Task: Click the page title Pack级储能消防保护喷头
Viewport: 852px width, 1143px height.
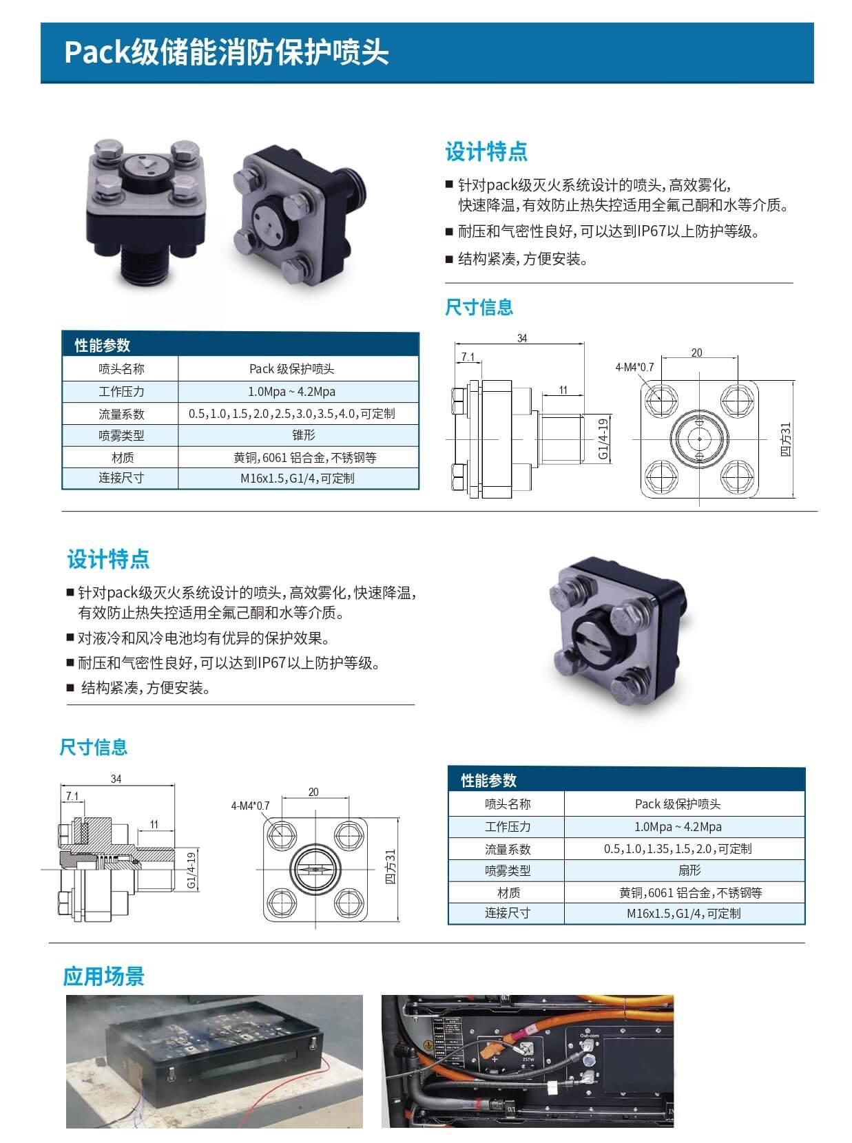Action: pos(227,52)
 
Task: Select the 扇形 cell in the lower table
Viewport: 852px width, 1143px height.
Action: pos(689,870)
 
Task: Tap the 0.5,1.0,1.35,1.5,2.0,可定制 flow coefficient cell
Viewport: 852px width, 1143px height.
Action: pos(678,848)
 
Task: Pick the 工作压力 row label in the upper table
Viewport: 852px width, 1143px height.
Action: pos(121,392)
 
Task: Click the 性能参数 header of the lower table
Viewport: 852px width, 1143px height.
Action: pos(488,780)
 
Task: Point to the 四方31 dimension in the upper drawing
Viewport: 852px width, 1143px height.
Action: pos(786,439)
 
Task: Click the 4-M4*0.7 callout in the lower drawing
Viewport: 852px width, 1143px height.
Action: pos(250,806)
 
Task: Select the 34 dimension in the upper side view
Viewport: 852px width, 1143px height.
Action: pos(521,338)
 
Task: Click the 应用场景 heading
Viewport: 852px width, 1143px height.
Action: pos(103,976)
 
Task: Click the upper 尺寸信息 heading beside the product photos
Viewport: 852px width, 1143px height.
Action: pos(479,307)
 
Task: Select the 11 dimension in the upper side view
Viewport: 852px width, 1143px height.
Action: pos(563,390)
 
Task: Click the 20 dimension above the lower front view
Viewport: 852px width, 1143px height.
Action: pos(313,792)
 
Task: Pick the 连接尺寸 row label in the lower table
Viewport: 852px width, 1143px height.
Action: pos(507,913)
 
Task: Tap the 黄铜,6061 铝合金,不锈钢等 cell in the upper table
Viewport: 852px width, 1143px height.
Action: pos(304,457)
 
